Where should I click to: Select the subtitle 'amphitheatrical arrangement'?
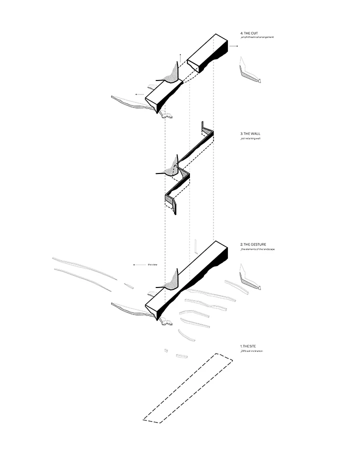[257, 38]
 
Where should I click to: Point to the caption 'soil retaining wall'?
[251, 138]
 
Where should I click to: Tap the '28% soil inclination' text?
[252, 351]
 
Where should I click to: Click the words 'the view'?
[152, 264]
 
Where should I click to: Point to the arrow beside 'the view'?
[135, 264]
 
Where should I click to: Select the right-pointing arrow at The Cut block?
[234, 46]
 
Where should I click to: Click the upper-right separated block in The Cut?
[208, 52]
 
